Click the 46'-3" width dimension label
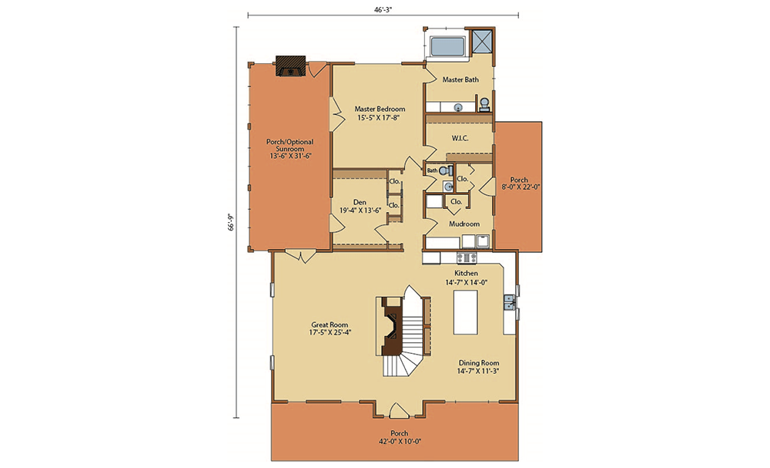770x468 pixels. point(383,8)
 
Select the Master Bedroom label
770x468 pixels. point(380,109)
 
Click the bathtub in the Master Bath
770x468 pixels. point(447,47)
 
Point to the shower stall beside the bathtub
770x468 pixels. point(482,41)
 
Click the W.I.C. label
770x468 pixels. point(460,139)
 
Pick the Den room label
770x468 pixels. point(360,202)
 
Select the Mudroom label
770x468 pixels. point(464,224)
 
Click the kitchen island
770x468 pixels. point(466,313)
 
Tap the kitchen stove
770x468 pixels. point(466,258)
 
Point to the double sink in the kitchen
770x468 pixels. point(508,301)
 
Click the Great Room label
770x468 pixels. point(330,325)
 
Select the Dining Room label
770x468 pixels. point(479,363)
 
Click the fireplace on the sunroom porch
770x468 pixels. point(291,66)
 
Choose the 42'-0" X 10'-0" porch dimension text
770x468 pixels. point(399,441)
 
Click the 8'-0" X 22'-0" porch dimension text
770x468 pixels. point(521,187)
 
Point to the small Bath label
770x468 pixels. point(432,170)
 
